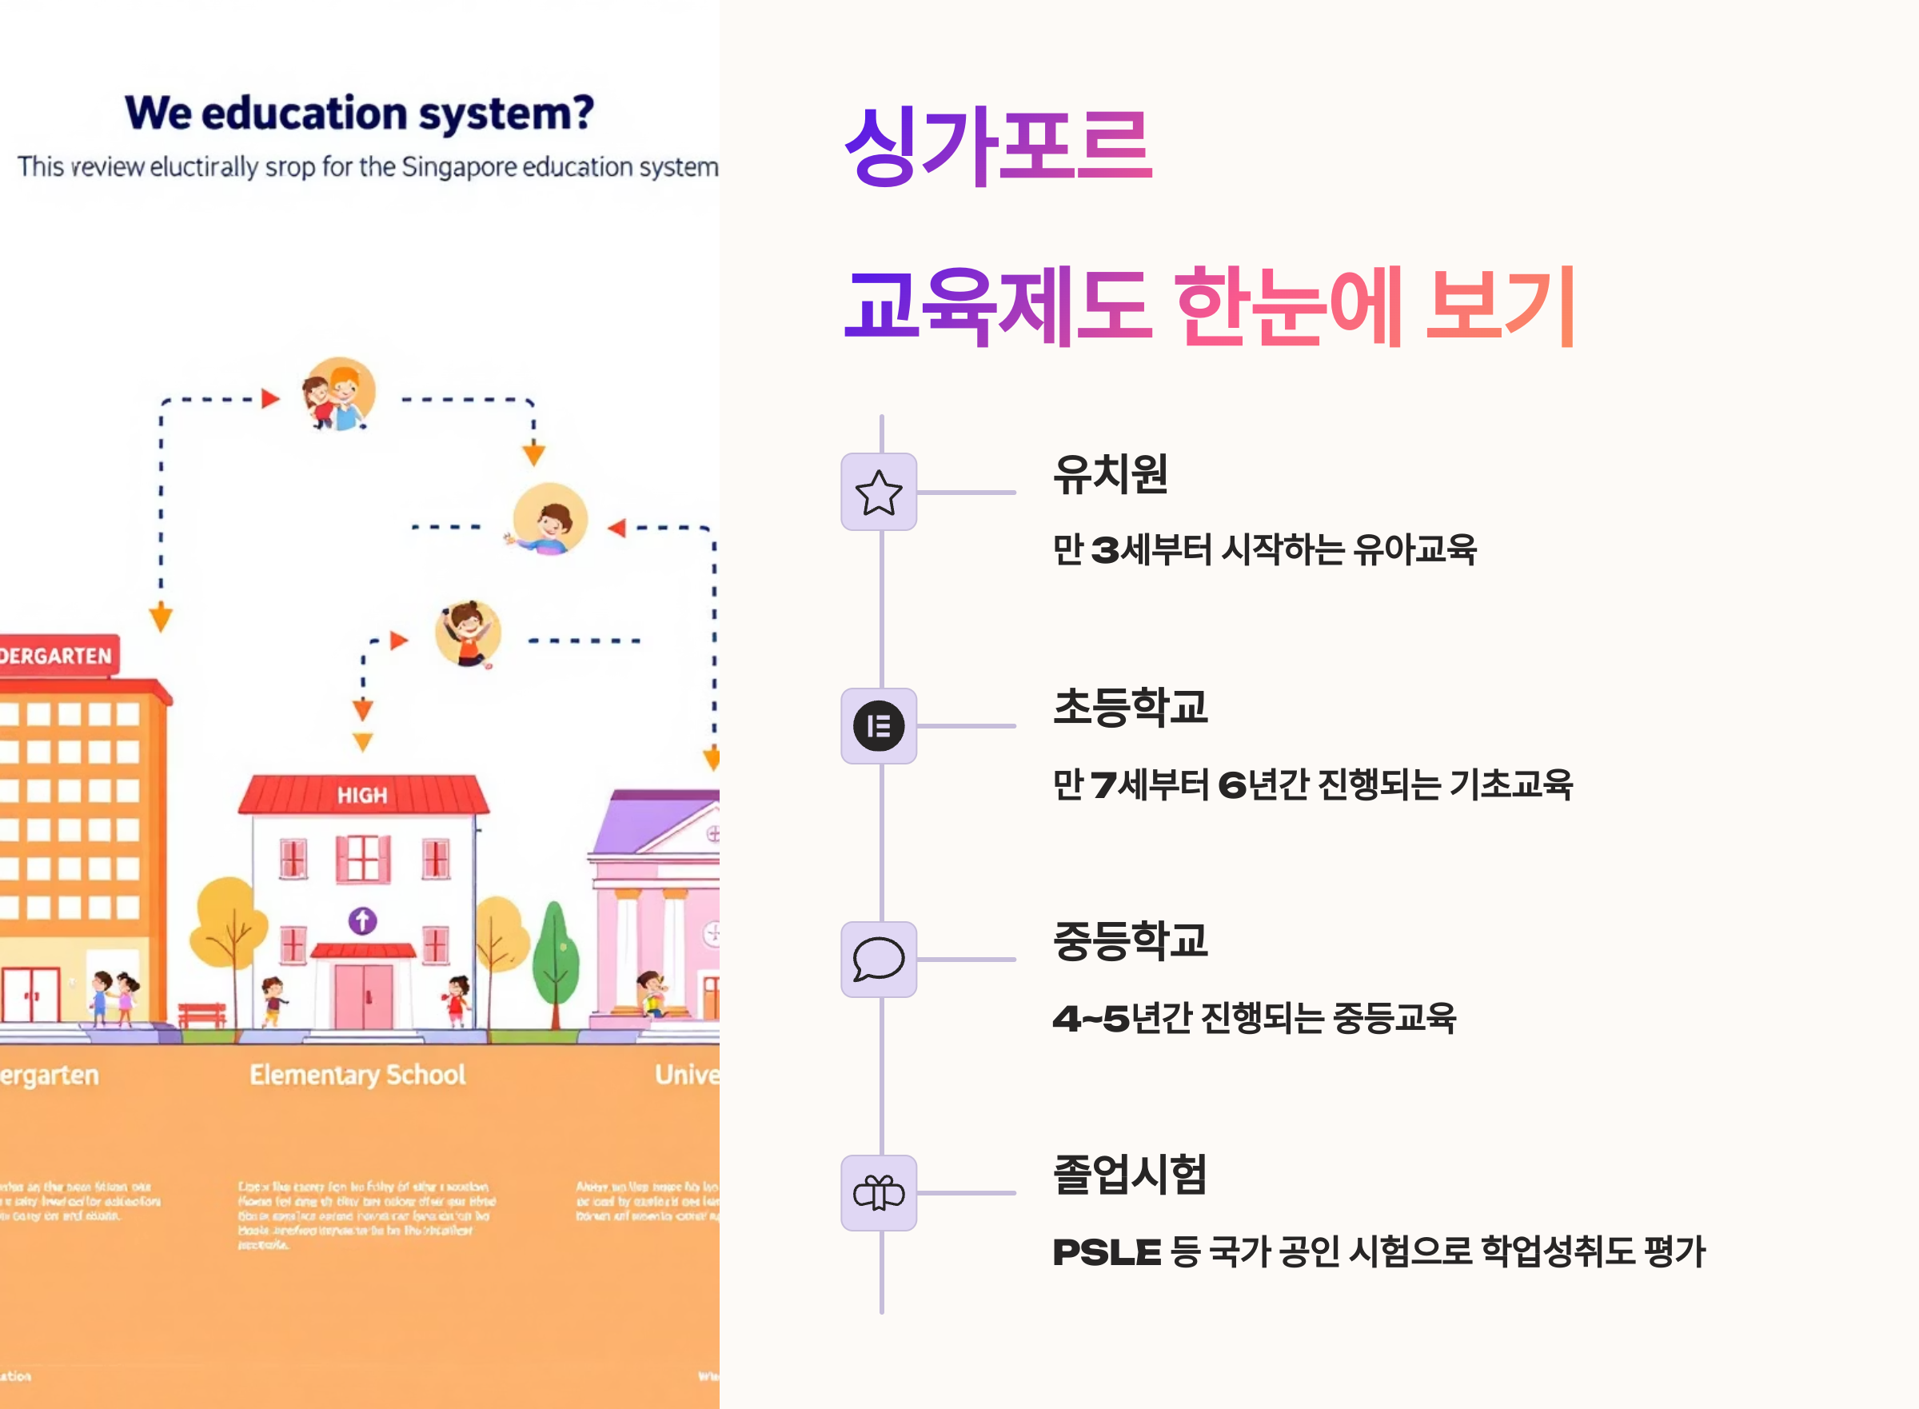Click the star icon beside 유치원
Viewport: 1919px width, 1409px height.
coord(879,492)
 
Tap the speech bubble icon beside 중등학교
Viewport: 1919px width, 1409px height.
coord(879,960)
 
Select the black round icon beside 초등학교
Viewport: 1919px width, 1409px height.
coord(879,726)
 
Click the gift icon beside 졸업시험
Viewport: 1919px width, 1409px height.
coord(879,1192)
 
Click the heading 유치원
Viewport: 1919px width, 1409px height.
coord(1110,474)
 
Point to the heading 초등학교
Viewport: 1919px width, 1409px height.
coord(1130,708)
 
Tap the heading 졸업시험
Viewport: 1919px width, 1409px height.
coord(1130,1175)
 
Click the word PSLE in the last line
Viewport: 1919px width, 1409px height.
coord(1106,1252)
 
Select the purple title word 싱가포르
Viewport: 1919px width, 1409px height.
coord(998,145)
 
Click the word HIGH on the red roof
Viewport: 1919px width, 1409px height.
coord(362,796)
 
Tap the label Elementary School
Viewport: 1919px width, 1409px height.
coord(357,1075)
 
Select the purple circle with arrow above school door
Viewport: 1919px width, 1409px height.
coord(362,920)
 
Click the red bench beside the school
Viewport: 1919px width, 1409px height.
coord(202,1014)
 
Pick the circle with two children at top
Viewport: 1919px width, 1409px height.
coord(340,394)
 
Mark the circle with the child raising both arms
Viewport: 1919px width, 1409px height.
coord(468,633)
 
